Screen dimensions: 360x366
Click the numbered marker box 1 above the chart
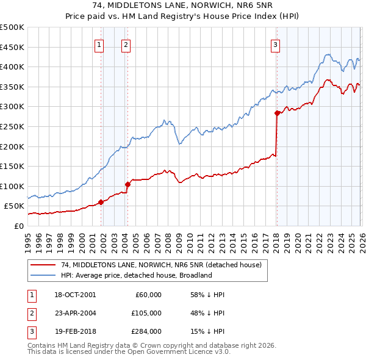pyautogui.click(x=99, y=44)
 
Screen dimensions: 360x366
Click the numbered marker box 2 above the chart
pyautogui.click(x=126, y=44)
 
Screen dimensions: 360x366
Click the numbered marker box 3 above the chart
pyautogui.click(x=275, y=44)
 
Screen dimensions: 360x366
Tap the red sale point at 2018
pyautogui.click(x=277, y=113)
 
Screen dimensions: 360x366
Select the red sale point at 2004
pyautogui.click(x=127, y=184)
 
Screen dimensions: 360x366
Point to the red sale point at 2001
pyautogui.click(x=101, y=202)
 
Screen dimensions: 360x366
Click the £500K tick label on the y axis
pyautogui.click(x=12, y=27)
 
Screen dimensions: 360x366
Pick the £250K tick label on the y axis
pyautogui.click(x=12, y=127)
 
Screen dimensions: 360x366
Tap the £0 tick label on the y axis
pyautogui.click(x=19, y=226)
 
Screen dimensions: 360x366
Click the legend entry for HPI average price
pyautogui.click(x=136, y=275)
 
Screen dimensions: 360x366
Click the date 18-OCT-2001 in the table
pyautogui.click(x=74, y=295)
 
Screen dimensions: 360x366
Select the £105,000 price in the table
pyautogui.click(x=147, y=312)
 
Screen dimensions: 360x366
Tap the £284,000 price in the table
pyautogui.click(x=147, y=331)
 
